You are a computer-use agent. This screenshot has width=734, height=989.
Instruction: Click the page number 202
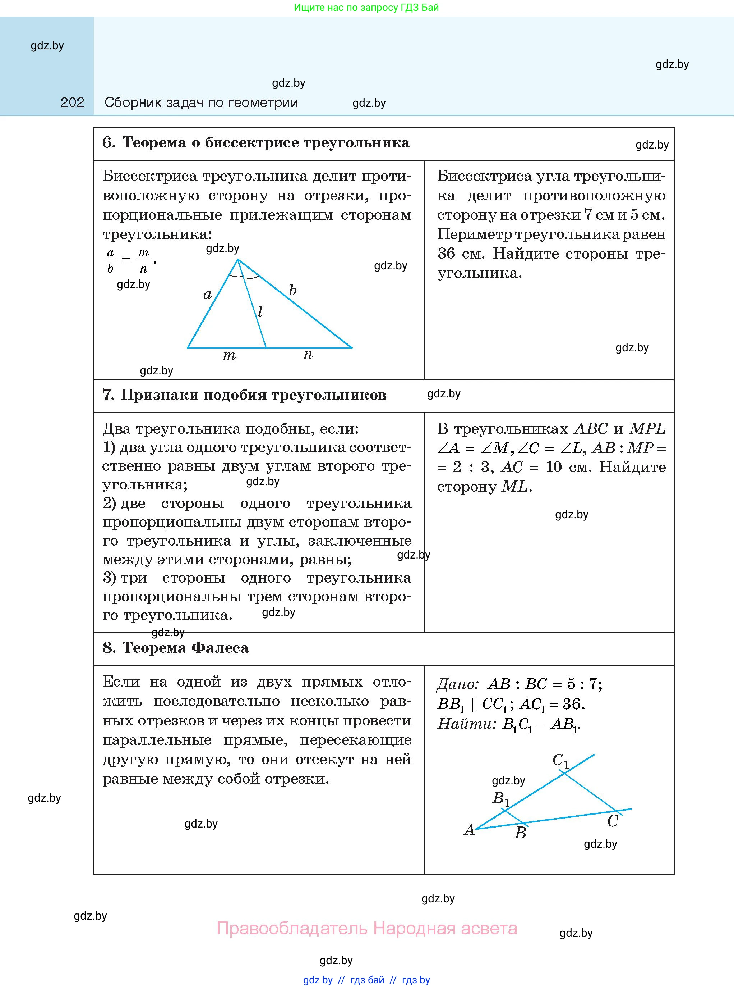click(72, 103)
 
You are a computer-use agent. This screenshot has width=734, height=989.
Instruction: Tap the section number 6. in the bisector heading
click(109, 142)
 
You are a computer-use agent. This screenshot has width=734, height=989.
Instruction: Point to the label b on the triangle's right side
click(292, 290)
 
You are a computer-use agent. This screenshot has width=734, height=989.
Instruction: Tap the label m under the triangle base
click(229, 355)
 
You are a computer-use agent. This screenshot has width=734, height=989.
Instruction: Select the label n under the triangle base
click(308, 354)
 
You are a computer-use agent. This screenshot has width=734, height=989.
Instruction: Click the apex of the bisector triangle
click(238, 259)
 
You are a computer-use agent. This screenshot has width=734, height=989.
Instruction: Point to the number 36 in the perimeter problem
click(446, 254)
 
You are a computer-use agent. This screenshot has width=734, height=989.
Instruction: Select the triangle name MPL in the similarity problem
click(647, 429)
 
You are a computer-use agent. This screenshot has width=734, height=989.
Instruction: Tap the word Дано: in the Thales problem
click(458, 684)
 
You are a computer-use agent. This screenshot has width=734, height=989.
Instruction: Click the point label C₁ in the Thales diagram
click(560, 760)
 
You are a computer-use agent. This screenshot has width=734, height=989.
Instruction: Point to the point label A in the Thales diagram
click(469, 830)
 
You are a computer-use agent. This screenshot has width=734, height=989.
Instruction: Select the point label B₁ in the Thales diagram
click(501, 798)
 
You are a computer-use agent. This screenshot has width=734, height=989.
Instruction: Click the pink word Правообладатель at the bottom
click(292, 929)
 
